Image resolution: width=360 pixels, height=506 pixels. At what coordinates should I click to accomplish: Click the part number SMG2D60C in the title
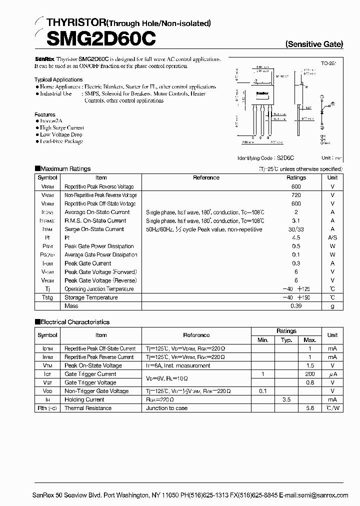click(95, 38)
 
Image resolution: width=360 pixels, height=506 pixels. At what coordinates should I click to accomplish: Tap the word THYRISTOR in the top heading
click(77, 22)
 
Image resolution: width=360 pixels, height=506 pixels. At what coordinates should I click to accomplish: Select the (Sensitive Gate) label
click(314, 44)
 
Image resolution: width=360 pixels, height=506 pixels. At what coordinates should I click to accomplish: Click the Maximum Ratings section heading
click(65, 169)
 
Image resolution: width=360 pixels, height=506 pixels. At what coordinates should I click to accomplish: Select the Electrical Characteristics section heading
click(74, 322)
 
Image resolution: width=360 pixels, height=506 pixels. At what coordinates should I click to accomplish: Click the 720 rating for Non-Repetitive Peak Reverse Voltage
click(296, 195)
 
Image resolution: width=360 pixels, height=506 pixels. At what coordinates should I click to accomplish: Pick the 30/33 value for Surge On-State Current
click(296, 229)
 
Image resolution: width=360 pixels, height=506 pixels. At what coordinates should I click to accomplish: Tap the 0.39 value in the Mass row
click(296, 305)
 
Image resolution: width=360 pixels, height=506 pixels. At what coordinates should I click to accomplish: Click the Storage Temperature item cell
click(91, 297)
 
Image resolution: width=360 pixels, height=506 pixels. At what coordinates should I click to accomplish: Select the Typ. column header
click(286, 340)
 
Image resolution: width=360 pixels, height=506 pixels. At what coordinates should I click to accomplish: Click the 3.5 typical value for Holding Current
click(286, 399)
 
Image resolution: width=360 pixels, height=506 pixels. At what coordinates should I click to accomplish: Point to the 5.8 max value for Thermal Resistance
click(310, 408)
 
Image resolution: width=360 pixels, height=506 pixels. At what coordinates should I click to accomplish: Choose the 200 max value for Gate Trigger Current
click(310, 374)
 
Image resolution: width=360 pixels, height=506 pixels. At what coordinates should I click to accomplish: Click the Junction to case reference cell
click(167, 408)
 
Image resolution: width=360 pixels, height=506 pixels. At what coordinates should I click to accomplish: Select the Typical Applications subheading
click(58, 79)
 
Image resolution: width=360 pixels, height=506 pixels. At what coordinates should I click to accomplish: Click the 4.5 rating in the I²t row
click(296, 237)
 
